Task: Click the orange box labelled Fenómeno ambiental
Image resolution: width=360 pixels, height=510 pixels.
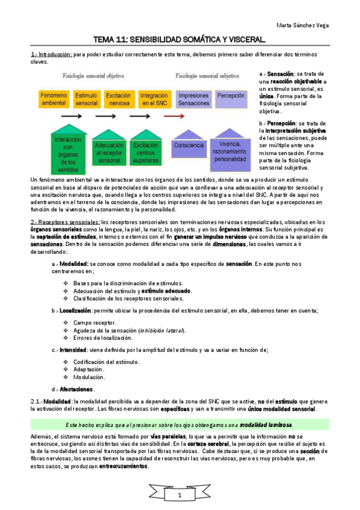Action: (x=54, y=99)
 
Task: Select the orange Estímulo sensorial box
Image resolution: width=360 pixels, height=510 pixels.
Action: (x=87, y=99)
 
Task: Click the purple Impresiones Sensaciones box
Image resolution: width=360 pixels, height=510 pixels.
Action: (x=193, y=99)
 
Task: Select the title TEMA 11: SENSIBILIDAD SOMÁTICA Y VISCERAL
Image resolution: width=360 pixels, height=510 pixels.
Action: (x=180, y=40)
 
